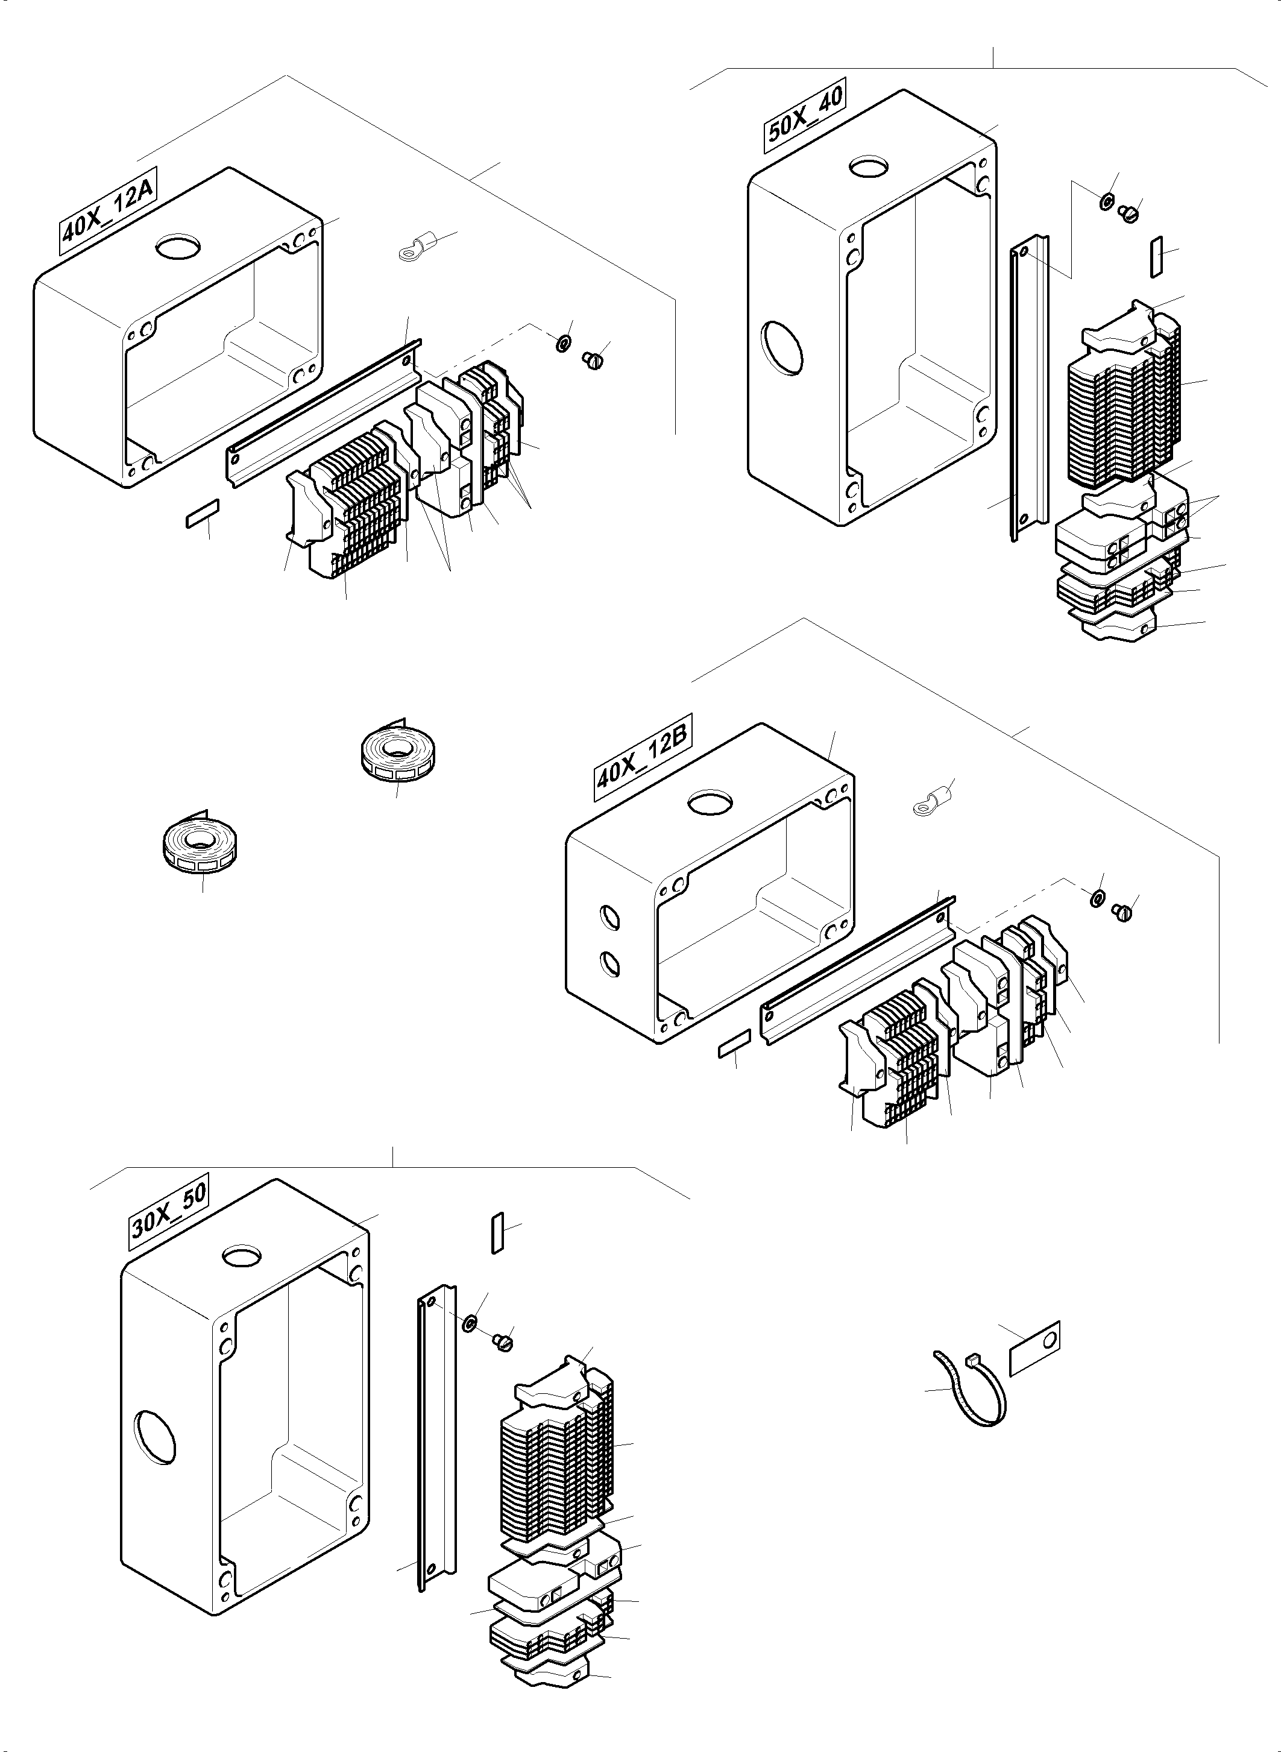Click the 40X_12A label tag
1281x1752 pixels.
point(109,210)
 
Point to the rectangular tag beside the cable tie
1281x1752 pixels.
point(1035,1349)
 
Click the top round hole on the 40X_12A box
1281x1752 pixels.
point(178,248)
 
